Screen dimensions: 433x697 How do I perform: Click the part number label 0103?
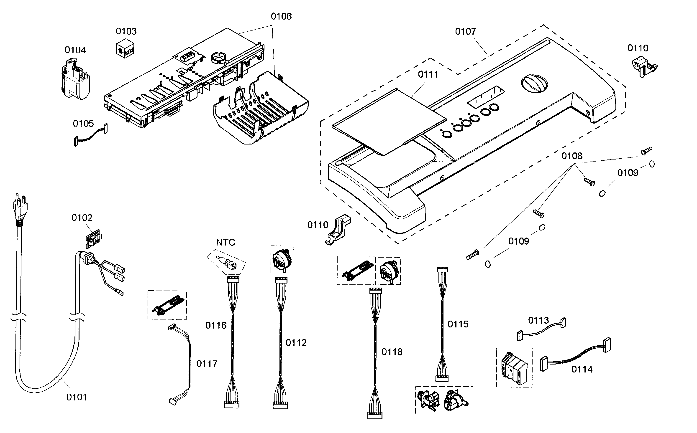pos(126,31)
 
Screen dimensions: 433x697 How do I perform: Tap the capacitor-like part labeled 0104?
pos(76,80)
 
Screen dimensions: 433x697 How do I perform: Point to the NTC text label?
pos(225,243)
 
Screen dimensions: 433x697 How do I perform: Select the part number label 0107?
pos(465,31)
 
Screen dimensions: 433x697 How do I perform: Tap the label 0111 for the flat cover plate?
pos(428,74)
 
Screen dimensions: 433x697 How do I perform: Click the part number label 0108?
pos(572,156)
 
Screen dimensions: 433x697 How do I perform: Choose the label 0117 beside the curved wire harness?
pos(207,364)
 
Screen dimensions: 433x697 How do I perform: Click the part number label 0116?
pos(216,325)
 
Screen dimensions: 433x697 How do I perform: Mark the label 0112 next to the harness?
pos(296,343)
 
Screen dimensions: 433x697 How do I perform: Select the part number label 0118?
pos(392,352)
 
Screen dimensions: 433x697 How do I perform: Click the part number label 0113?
pos(538,320)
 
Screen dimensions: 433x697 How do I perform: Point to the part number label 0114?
pos(582,370)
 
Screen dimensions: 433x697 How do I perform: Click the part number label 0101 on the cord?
pos(77,397)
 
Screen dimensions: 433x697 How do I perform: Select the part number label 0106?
pos(281,16)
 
